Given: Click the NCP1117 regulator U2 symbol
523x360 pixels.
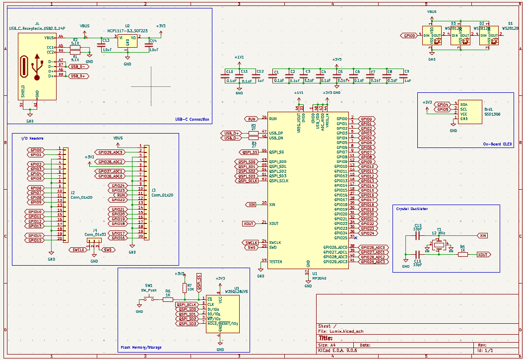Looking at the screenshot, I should pyautogui.click(x=128, y=41).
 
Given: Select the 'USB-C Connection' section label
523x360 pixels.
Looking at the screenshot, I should pyautogui.click(x=192, y=119).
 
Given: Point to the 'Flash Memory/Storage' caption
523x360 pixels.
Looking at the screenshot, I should pyautogui.click(x=141, y=347).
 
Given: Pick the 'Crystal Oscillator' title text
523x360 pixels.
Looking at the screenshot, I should pyautogui.click(x=412, y=209).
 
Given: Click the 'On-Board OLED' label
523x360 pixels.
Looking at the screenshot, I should pyautogui.click(x=497, y=144).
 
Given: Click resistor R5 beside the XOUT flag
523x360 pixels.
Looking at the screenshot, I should pyautogui.click(x=462, y=254).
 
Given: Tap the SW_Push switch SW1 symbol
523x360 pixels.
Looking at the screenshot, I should pyautogui.click(x=149, y=299).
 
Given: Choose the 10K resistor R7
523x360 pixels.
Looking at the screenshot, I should pyautogui.click(x=184, y=288).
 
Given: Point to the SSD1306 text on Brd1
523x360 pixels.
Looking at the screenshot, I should pyautogui.click(x=493, y=114).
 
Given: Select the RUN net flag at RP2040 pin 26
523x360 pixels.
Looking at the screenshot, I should pyautogui.click(x=252, y=119).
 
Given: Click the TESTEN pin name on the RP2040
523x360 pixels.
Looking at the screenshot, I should pyautogui.click(x=275, y=261).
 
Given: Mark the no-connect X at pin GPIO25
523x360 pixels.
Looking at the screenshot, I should pyautogui.click(x=356, y=238).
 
